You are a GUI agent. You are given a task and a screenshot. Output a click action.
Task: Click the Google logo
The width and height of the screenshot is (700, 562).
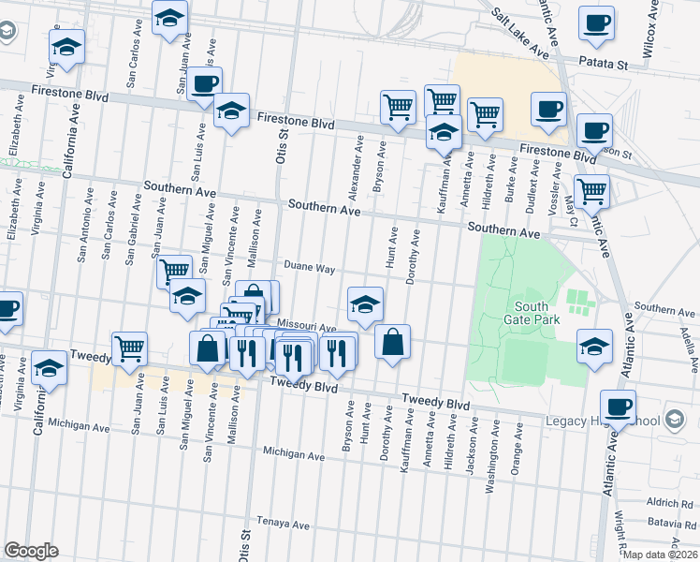pyautogui.click(x=31, y=551)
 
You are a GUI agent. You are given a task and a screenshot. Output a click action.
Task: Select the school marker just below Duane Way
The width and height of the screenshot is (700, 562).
pyautogui.click(x=365, y=303)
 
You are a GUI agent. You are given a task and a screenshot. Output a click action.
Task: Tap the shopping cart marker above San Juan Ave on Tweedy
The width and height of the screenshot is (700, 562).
pyautogui.click(x=130, y=348)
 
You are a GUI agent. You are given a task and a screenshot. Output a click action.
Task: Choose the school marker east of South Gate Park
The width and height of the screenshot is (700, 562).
pyautogui.click(x=594, y=346)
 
